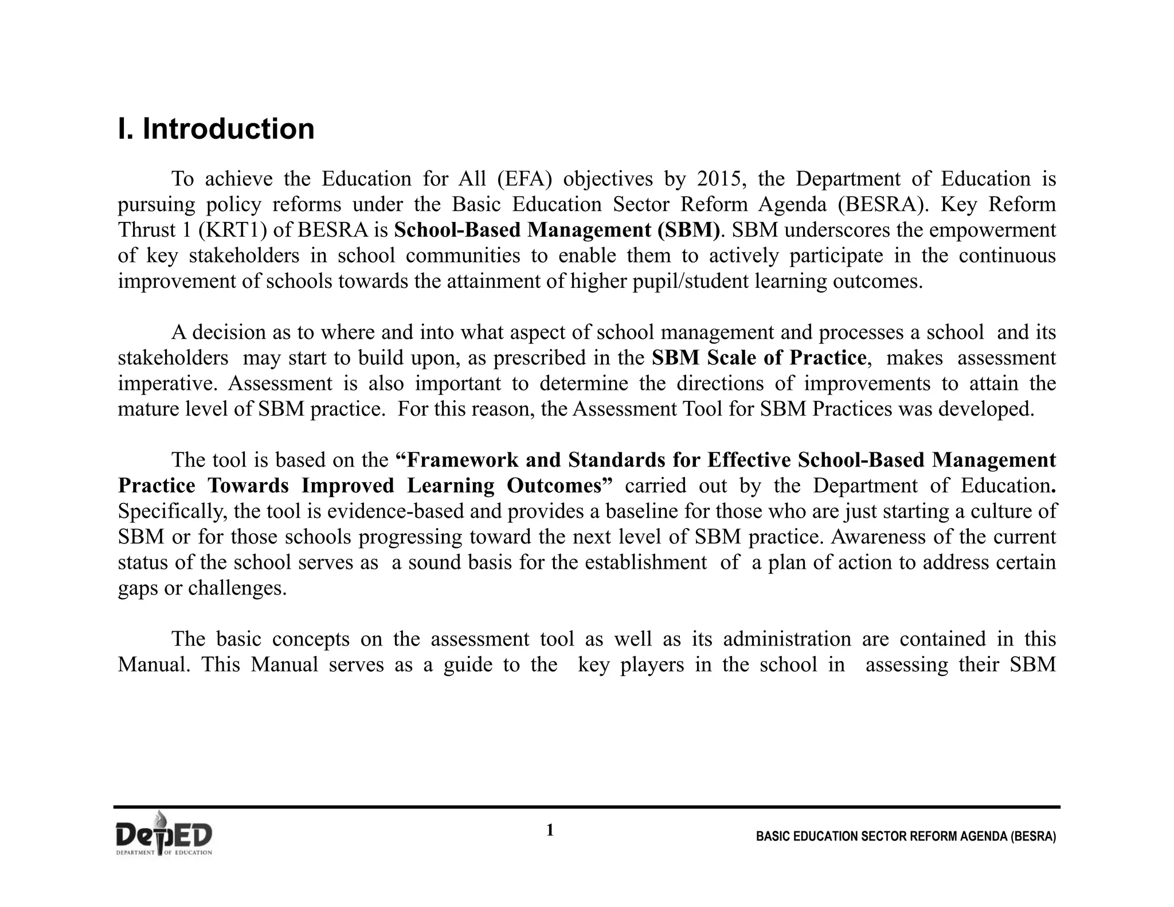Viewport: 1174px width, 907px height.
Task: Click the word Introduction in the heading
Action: (228, 128)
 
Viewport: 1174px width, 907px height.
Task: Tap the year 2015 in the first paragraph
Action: (721, 179)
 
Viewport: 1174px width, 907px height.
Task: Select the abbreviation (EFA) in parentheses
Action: (525, 179)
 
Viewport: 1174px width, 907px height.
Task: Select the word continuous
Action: (1007, 256)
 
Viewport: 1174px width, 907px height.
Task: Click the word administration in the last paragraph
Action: (787, 639)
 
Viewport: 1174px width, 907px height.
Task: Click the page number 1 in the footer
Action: (550, 831)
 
